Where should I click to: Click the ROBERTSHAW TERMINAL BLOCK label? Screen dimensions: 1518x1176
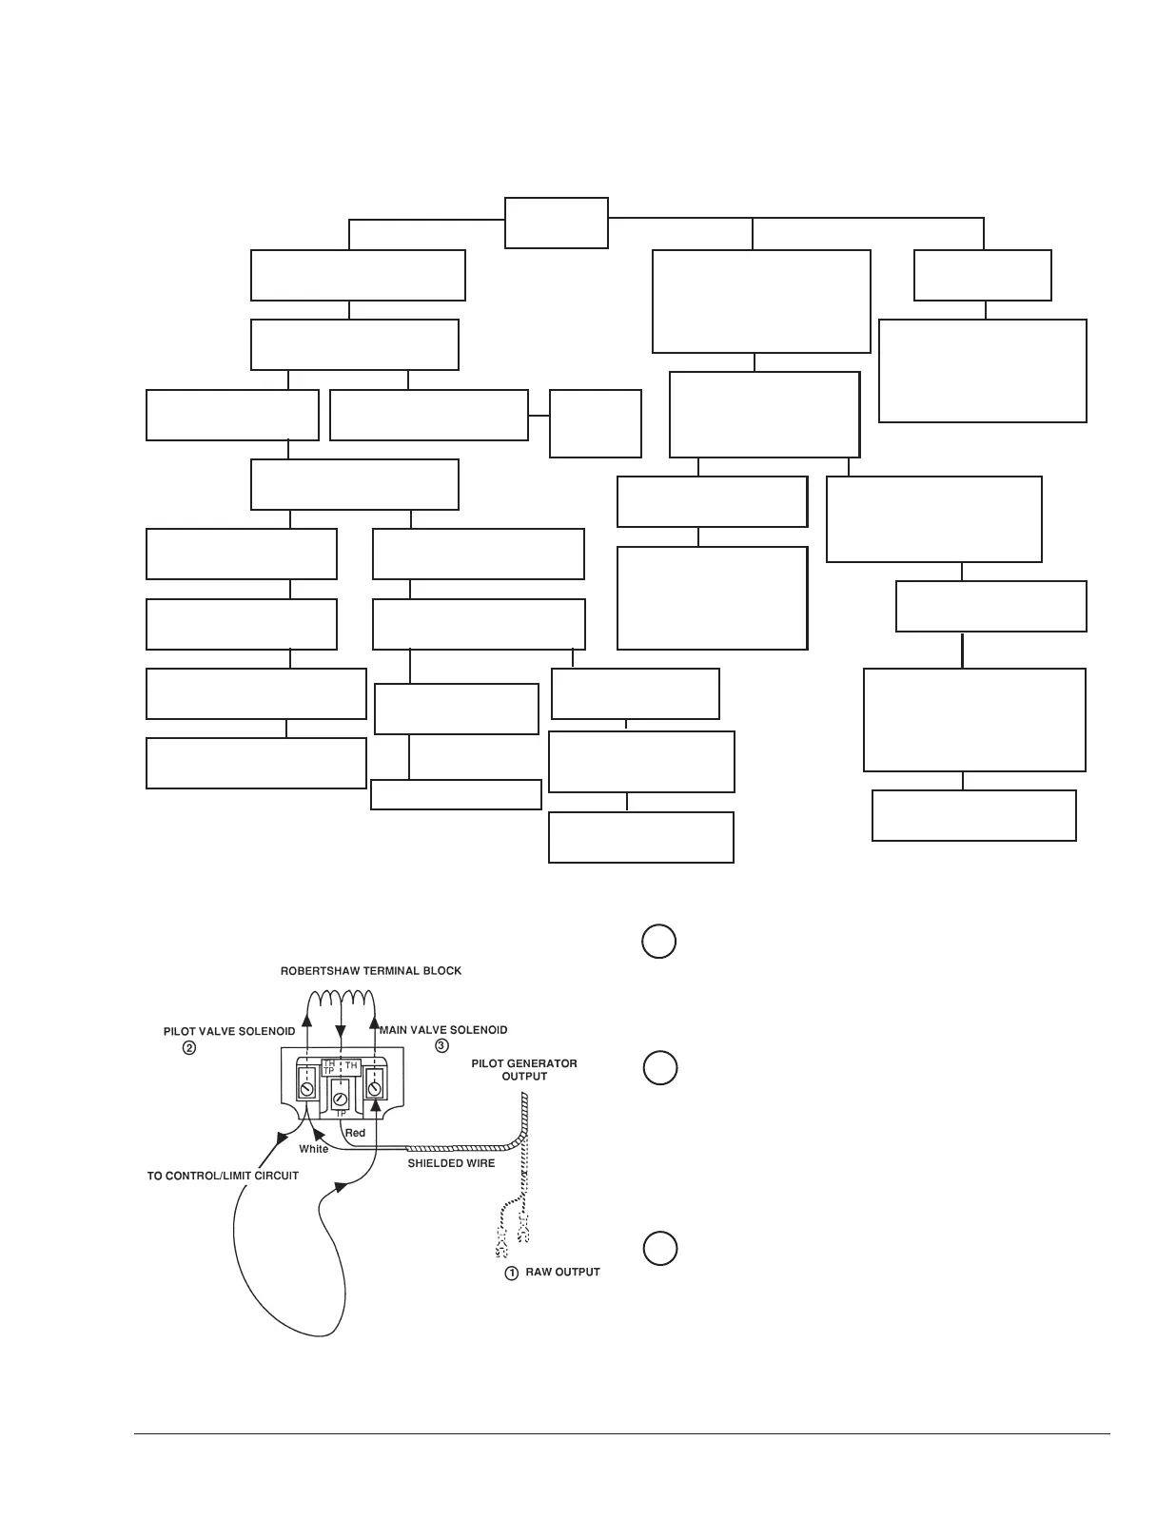click(370, 971)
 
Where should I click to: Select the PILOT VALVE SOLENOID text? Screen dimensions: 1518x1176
click(229, 1031)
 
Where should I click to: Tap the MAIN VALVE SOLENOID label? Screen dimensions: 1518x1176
click(443, 1030)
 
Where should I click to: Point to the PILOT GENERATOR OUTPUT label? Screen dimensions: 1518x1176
click(524, 1070)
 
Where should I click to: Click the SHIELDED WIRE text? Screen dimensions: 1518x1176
click(451, 1163)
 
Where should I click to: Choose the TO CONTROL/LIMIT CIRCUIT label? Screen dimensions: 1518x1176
click(223, 1177)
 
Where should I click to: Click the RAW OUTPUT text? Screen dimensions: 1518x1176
click(562, 1273)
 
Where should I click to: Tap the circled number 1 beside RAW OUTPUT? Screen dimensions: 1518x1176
click(511, 1273)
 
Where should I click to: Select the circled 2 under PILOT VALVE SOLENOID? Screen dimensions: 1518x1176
click(189, 1048)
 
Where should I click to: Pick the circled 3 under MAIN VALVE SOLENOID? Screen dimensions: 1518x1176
click(441, 1046)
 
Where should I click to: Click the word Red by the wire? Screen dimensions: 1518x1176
click(355, 1133)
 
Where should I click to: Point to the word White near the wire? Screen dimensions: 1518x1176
click(313, 1149)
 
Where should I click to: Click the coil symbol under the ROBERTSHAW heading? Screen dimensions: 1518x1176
click(341, 998)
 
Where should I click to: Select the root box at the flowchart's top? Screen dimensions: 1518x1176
click(556, 223)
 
